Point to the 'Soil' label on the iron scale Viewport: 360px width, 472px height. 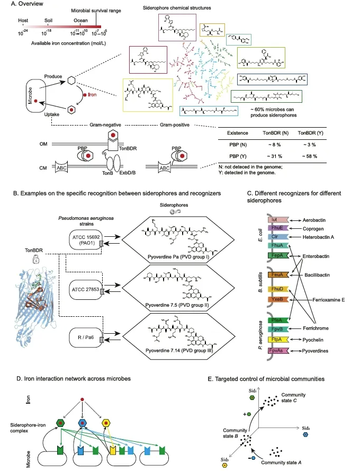tap(50, 21)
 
